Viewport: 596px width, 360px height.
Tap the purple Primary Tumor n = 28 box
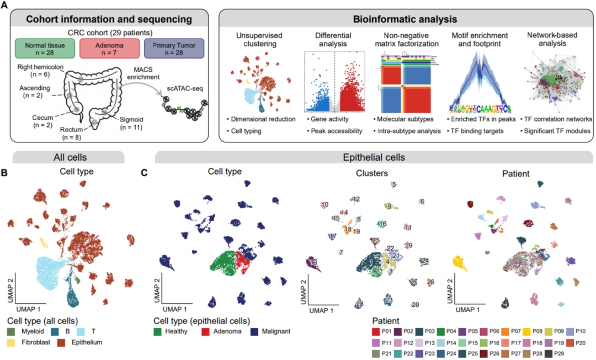pos(174,47)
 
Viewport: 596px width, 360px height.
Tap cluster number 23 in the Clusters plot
pos(389,300)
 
